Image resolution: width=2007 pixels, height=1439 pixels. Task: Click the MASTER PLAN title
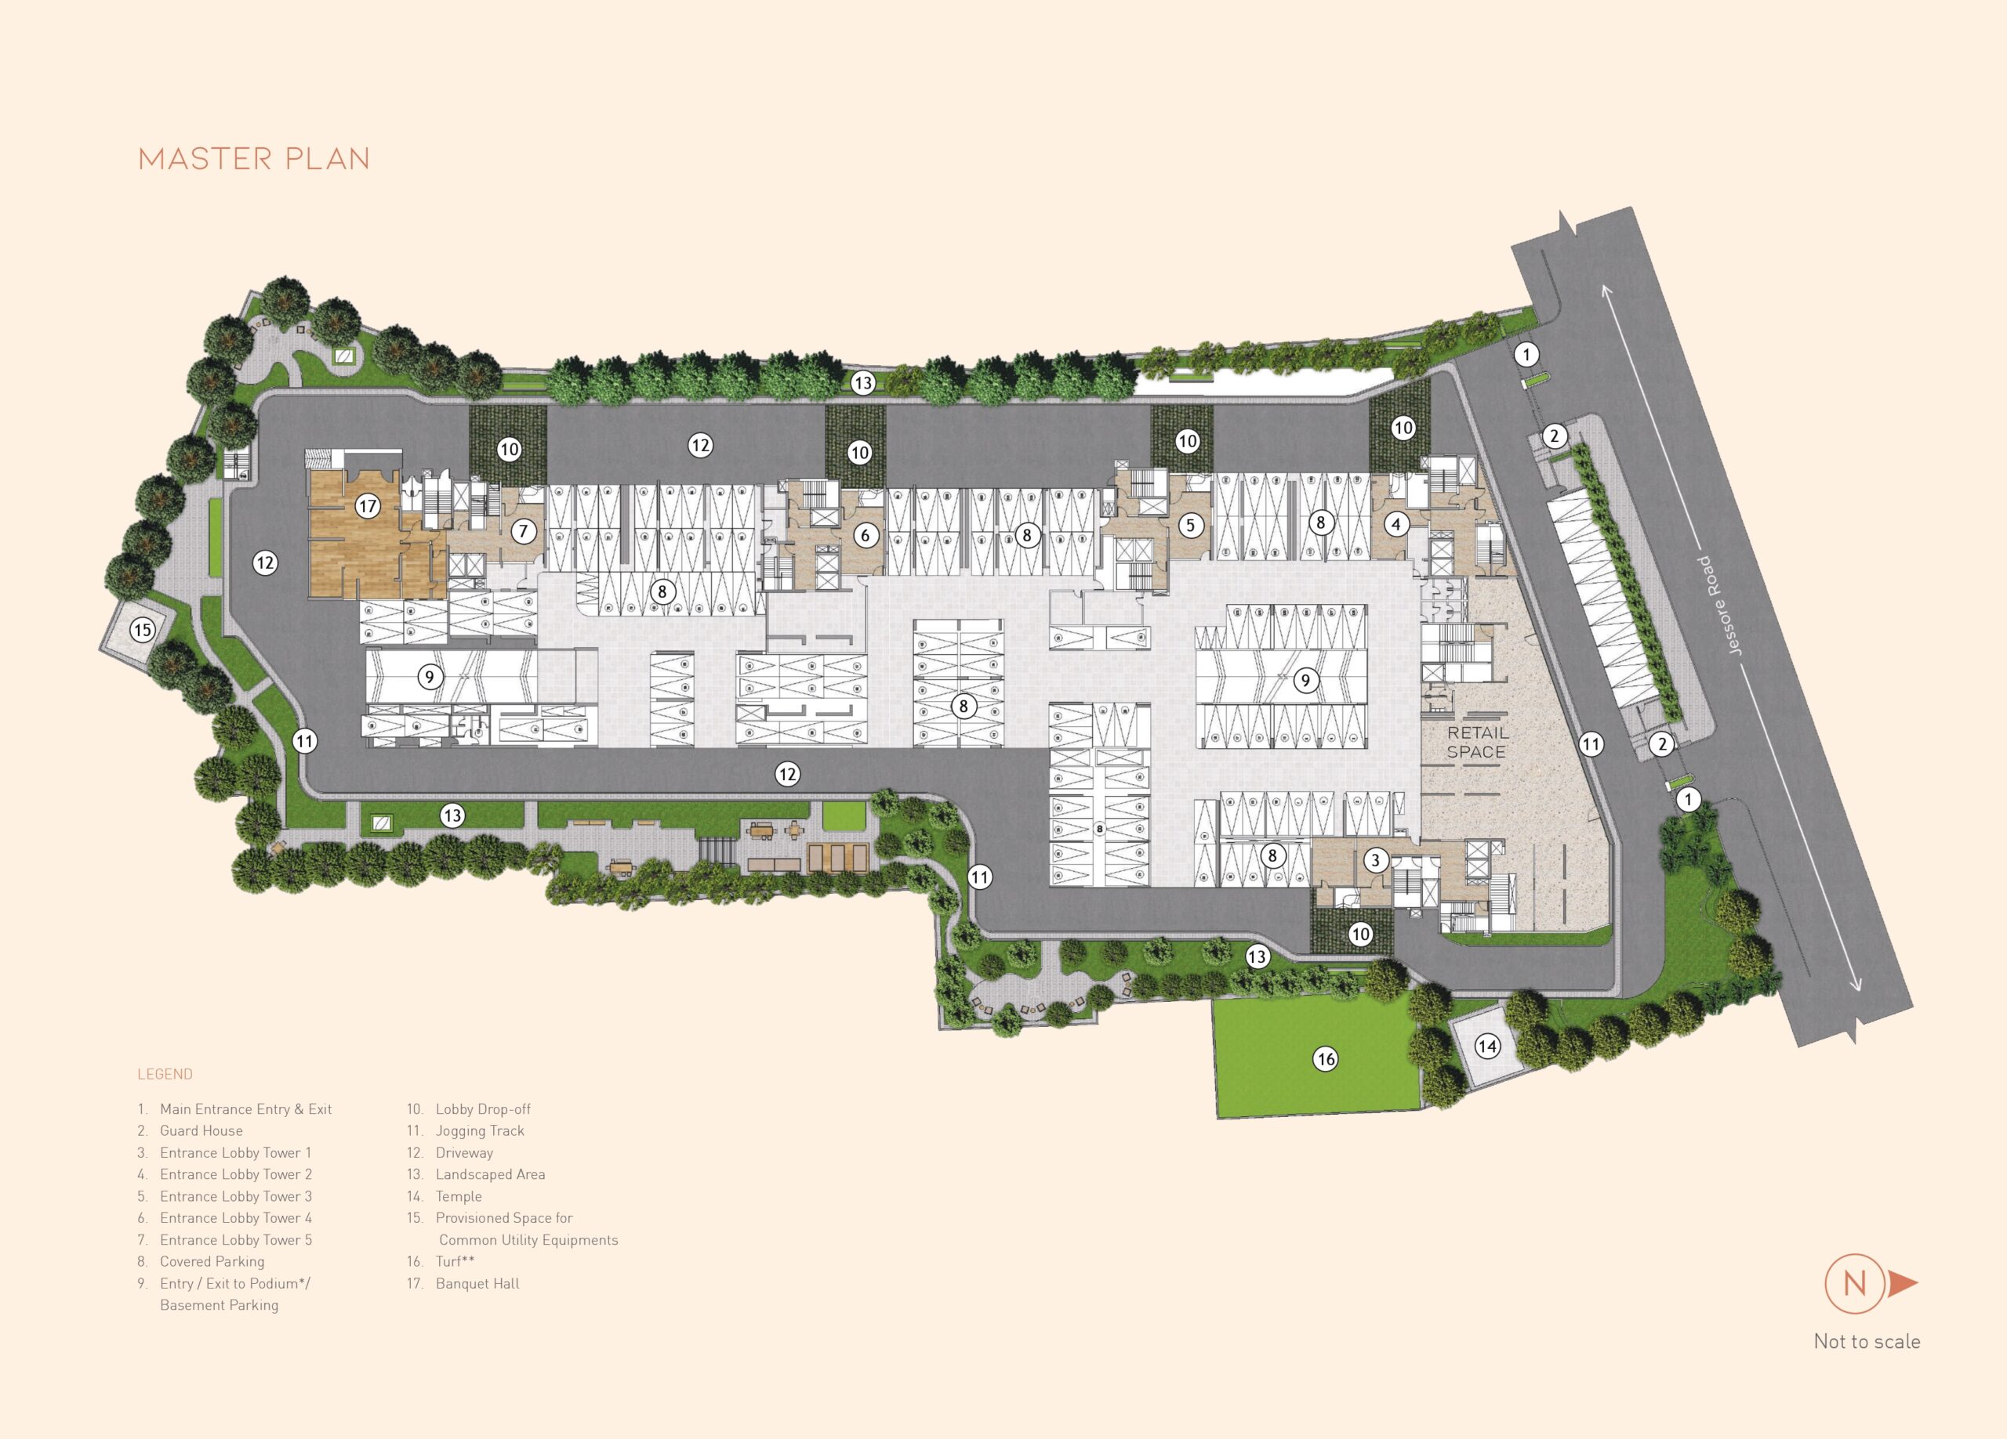click(x=254, y=159)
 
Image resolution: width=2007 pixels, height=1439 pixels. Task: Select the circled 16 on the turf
click(x=1325, y=1058)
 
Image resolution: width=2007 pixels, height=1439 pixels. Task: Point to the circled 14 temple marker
click(x=1486, y=1047)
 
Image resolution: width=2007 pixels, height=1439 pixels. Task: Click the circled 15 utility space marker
click(x=143, y=630)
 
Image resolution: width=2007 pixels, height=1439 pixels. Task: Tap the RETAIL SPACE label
click(x=1477, y=742)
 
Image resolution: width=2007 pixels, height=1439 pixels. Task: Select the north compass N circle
click(x=1854, y=1283)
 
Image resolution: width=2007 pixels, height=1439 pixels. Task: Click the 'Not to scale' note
click(x=1867, y=1342)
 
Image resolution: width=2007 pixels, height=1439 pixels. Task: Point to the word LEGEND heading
click(x=165, y=1075)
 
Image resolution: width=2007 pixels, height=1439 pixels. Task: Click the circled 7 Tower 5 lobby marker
click(x=524, y=532)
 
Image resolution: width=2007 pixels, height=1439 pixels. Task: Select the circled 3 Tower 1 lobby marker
click(x=1375, y=859)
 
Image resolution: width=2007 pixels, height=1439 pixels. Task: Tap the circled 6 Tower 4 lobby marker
click(x=866, y=535)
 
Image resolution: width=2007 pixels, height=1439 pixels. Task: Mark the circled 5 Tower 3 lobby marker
click(x=1190, y=526)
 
